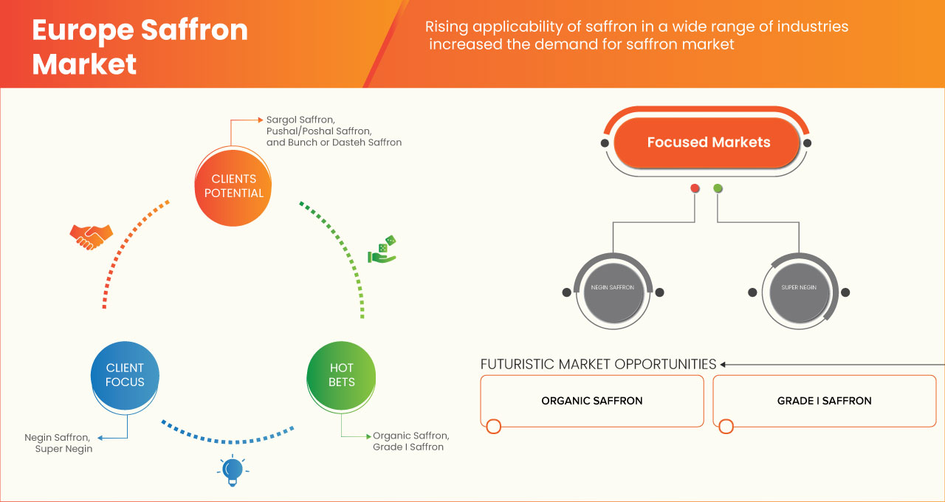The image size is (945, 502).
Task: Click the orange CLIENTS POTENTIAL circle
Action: click(x=233, y=186)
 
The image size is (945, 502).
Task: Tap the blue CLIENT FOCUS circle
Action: click(x=125, y=374)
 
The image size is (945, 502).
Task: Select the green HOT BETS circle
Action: click(x=341, y=374)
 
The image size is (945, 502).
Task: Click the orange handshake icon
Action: click(x=91, y=236)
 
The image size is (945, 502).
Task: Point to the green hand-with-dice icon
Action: click(x=382, y=250)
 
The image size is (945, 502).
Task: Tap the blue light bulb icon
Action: click(x=233, y=470)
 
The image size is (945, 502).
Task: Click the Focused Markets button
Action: click(x=708, y=142)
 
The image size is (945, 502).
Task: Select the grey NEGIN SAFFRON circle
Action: click(x=612, y=288)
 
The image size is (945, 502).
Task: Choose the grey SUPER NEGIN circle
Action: click(x=798, y=288)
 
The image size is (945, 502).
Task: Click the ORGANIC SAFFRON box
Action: click(x=591, y=401)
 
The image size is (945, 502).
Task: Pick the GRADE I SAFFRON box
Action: click(x=824, y=401)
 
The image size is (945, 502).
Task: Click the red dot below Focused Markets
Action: click(x=695, y=189)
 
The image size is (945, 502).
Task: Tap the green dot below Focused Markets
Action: click(x=718, y=189)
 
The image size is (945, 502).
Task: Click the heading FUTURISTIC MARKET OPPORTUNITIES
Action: click(x=598, y=364)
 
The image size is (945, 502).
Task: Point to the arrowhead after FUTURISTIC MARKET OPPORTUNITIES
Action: click(x=724, y=364)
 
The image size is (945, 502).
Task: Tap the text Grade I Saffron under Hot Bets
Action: click(x=408, y=447)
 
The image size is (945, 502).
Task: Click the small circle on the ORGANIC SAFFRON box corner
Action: click(x=494, y=426)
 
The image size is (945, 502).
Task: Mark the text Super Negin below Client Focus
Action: click(x=63, y=449)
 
